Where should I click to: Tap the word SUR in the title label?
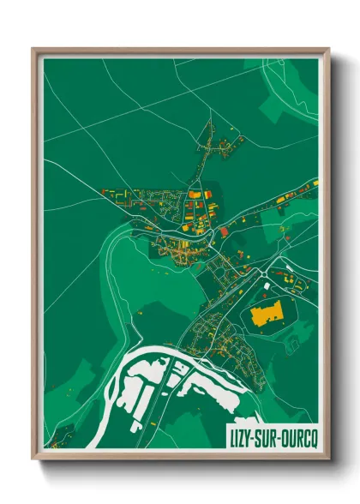tap(266, 435)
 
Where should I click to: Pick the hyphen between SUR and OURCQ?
tap(279, 435)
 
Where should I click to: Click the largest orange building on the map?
tap(267, 315)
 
